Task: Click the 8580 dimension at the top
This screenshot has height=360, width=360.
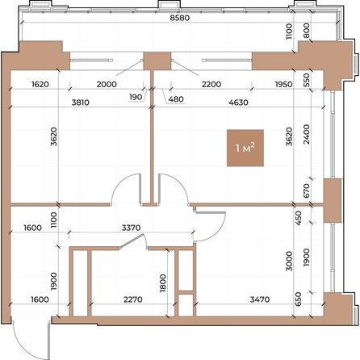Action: [x=180, y=18]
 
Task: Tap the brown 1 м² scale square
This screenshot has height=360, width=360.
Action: [x=245, y=148]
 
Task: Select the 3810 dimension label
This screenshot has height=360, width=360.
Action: [x=81, y=103]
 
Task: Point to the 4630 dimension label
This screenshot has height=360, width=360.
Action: [x=238, y=103]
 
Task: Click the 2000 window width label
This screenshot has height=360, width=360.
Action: [x=107, y=84]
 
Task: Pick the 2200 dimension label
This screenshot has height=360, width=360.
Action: [x=211, y=84]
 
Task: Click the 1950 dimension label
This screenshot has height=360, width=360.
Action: [x=283, y=84]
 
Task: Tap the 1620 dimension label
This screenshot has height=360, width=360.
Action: [x=40, y=84]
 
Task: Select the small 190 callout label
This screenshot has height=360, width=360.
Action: [x=136, y=97]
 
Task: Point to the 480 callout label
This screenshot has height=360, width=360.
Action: [x=176, y=99]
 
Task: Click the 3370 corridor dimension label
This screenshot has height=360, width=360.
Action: [x=131, y=228]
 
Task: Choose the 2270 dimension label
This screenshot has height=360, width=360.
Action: [x=133, y=299]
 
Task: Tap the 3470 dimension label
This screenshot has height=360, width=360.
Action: [x=260, y=299]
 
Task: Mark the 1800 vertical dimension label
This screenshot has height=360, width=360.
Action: [x=163, y=283]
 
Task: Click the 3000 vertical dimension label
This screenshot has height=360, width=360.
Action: [x=289, y=261]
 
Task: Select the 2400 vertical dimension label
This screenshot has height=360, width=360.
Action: [x=306, y=134]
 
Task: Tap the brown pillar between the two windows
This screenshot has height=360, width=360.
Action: [x=157, y=61]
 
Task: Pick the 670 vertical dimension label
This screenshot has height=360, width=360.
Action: [x=306, y=190]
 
